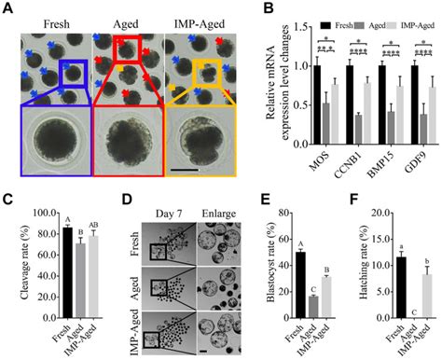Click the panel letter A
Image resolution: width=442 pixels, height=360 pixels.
pos(7,9)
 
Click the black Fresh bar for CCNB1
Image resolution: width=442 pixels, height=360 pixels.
pos(325,106)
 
